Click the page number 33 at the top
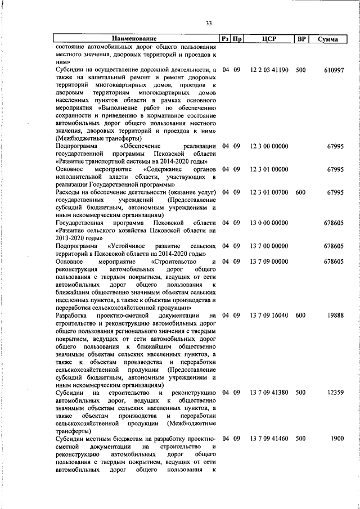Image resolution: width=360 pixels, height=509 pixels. coord(208,23)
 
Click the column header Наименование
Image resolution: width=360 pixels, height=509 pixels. coord(134,39)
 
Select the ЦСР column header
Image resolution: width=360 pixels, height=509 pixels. coord(269,39)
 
